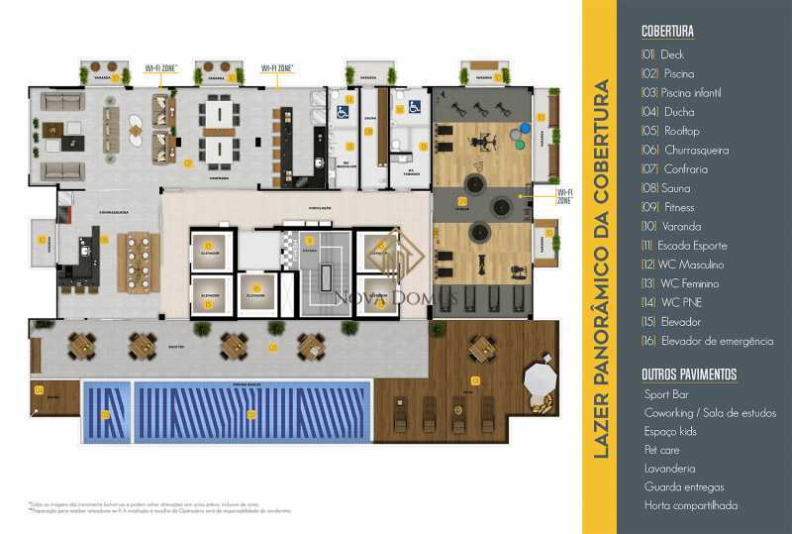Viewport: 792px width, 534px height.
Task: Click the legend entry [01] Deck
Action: coord(662,54)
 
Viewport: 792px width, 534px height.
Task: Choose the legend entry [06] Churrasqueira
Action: coord(684,151)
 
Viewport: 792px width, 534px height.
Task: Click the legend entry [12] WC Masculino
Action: coord(682,265)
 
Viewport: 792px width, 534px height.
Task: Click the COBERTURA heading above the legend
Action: coord(667,32)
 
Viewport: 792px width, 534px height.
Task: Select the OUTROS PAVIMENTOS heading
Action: coord(689,374)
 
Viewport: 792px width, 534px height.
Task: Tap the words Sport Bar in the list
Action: coord(665,394)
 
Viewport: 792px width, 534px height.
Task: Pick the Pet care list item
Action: coord(661,450)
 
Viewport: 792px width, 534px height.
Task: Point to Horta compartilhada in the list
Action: coord(690,505)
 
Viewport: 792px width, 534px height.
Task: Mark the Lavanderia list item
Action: coord(669,468)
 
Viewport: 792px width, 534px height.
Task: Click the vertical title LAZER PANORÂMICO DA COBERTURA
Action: coord(599,267)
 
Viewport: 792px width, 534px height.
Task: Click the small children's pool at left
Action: coord(105,413)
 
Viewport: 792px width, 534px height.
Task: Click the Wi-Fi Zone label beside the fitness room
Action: coord(565,195)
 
